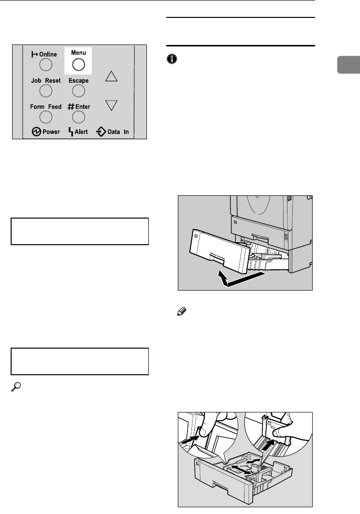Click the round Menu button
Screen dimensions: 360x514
point(78,64)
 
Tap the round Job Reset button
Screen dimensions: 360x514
point(45,90)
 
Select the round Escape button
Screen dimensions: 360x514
point(78,90)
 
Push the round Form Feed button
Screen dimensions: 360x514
point(45,117)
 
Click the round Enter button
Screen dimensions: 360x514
point(78,117)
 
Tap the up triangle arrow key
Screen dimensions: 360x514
point(112,76)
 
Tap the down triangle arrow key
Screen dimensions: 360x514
point(112,105)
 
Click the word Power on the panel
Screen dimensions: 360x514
point(51,132)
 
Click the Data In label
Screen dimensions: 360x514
point(121,132)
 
